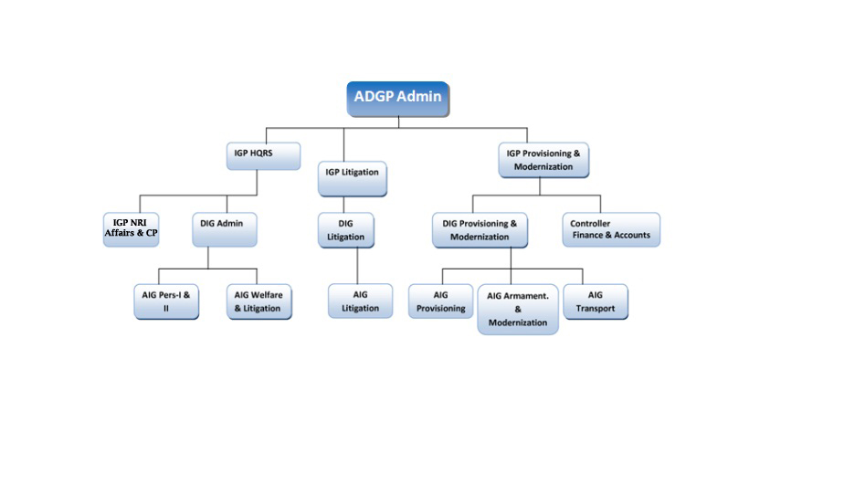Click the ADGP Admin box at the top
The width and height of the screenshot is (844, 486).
[x=398, y=98]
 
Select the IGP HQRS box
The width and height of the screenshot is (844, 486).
[x=263, y=155]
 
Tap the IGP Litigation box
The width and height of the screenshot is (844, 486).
[x=353, y=178]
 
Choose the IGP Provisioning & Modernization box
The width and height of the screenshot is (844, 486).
[x=543, y=160]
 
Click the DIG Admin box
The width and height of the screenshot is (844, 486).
[x=224, y=228]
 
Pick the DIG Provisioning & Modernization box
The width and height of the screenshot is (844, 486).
[x=480, y=230]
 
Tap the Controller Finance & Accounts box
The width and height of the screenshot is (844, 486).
[x=610, y=229]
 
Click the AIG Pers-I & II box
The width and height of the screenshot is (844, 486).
[x=167, y=301]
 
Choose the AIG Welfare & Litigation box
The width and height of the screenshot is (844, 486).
[x=259, y=301]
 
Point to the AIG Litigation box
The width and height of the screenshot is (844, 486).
[x=360, y=301]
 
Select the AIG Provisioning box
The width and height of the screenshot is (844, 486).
[x=440, y=301]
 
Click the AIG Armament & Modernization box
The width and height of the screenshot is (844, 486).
[x=518, y=309]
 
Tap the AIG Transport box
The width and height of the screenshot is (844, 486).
[x=596, y=301]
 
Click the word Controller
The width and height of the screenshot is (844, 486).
[x=590, y=224]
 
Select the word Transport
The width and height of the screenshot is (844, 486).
[x=596, y=309]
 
